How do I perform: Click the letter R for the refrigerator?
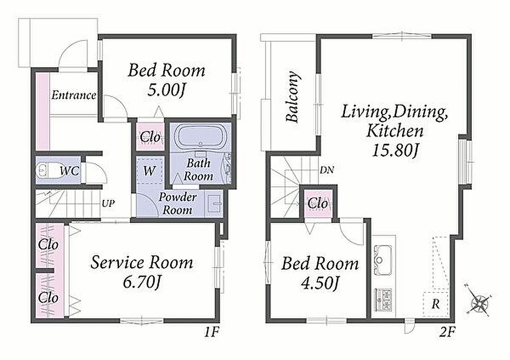pyautogui.click(x=435, y=304)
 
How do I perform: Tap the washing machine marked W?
pyautogui.click(x=149, y=170)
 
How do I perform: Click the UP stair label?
pyautogui.click(x=108, y=204)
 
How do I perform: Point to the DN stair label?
pyautogui.click(x=327, y=170)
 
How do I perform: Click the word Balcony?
pyautogui.click(x=292, y=97)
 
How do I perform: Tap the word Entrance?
pyautogui.click(x=74, y=95)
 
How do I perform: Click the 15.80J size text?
pyautogui.click(x=394, y=150)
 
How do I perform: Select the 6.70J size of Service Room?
pyautogui.click(x=141, y=283)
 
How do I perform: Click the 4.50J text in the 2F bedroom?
pyautogui.click(x=320, y=283)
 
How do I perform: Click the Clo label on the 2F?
pyautogui.click(x=318, y=204)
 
